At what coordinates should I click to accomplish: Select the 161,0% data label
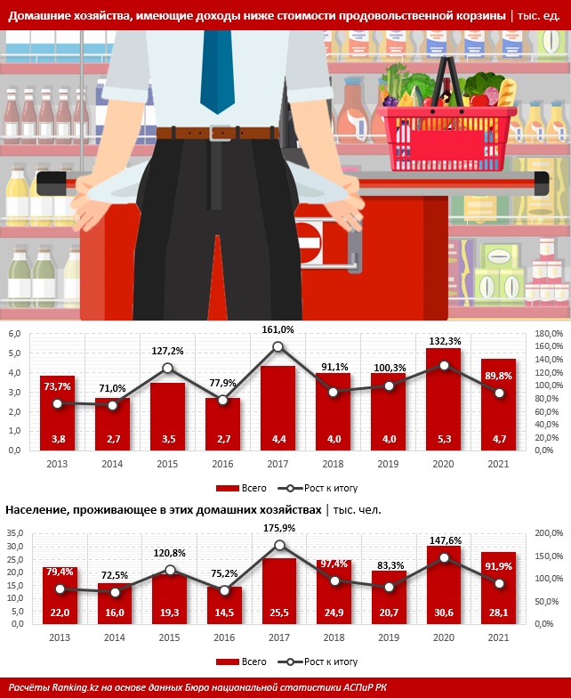pos(277,329)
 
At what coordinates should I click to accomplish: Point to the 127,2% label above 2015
pos(166,350)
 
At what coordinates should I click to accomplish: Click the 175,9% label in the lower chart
pos(277,527)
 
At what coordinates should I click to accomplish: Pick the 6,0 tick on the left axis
pos(14,334)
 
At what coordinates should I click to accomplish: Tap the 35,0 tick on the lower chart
pos(15,533)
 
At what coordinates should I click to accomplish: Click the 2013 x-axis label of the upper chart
pos(57,464)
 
